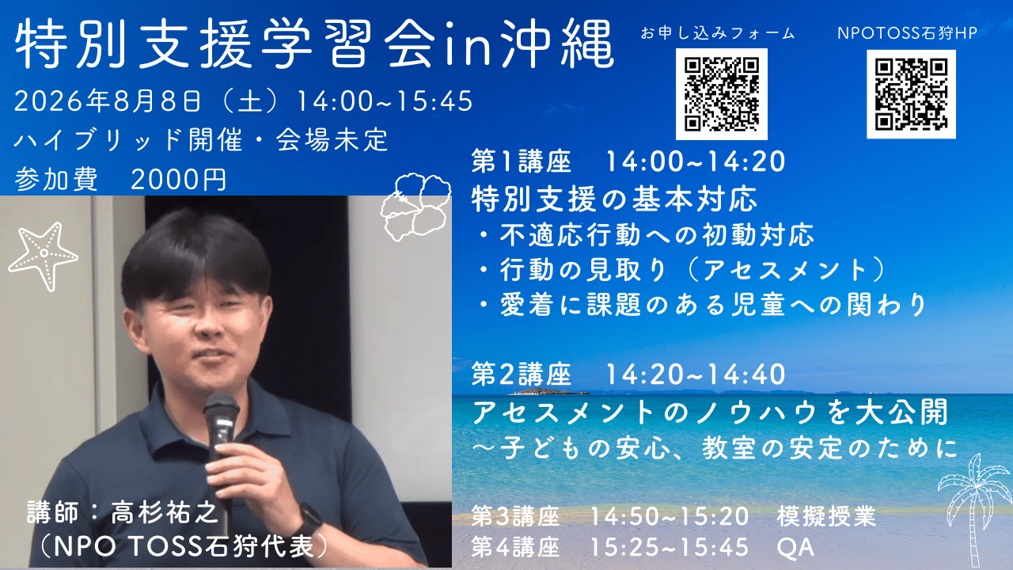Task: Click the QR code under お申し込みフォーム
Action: pyautogui.click(x=721, y=94)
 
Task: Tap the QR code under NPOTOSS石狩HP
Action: pyautogui.click(x=911, y=94)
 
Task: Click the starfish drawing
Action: pyautogui.click(x=43, y=255)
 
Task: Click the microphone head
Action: pyautogui.click(x=221, y=408)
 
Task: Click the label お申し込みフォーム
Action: pyautogui.click(x=718, y=33)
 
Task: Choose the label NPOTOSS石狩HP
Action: pyautogui.click(x=907, y=33)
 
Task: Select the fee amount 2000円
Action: pyautogui.click(x=179, y=179)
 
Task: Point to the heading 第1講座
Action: pyautogui.click(x=521, y=161)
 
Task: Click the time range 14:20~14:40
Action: pyautogui.click(x=696, y=374)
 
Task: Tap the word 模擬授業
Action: pyautogui.click(x=827, y=516)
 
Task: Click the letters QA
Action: pyautogui.click(x=795, y=547)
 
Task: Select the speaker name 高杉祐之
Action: pyautogui.click(x=164, y=512)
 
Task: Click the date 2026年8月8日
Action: pyautogui.click(x=108, y=101)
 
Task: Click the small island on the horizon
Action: pyautogui.click(x=548, y=391)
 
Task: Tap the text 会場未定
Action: pyautogui.click(x=332, y=140)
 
